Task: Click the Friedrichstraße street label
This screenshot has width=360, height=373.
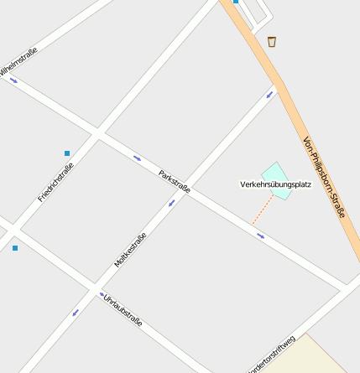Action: (55, 182)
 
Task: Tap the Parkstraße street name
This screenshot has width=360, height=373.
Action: (175, 181)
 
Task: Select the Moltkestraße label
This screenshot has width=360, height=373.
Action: (130, 250)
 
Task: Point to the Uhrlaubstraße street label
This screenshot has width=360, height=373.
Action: (123, 311)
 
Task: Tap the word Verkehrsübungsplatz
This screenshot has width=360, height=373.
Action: (275, 184)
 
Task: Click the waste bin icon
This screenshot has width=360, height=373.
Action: (272, 41)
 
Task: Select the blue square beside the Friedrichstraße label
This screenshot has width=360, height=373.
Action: (67, 153)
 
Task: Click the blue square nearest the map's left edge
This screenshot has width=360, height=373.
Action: (15, 248)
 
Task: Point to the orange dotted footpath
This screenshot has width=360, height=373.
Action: (262, 210)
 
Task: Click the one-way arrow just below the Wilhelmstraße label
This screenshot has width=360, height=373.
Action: (13, 80)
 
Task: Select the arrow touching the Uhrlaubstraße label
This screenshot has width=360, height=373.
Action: (102, 295)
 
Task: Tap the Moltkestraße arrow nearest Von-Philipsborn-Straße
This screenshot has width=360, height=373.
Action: (270, 94)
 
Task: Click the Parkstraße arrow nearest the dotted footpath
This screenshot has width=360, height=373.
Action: (260, 236)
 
